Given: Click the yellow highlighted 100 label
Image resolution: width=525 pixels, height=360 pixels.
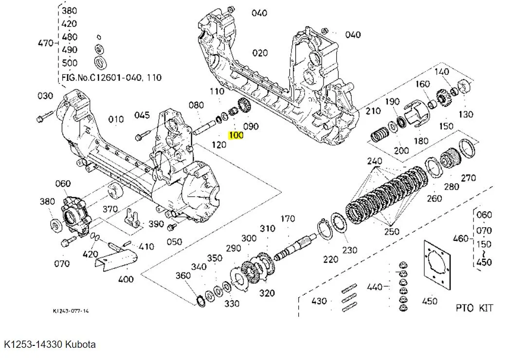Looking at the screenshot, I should [x=236, y=135].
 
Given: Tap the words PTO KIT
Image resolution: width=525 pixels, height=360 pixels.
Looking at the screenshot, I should [x=474, y=307].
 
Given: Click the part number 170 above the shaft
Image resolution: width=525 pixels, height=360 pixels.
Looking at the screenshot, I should [x=288, y=219].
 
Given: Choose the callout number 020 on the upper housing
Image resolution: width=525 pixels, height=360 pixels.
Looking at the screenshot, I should [x=260, y=53].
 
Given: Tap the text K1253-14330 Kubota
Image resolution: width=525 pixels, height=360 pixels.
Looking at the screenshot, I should [x=50, y=344].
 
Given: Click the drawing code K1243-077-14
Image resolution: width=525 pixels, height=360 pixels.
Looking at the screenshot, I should [x=71, y=310].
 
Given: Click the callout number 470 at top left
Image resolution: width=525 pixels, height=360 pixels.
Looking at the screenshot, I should [x=45, y=43].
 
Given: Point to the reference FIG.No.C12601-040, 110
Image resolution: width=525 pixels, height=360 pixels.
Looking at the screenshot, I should [x=112, y=77].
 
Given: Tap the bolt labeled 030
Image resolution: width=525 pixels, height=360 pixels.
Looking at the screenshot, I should [x=45, y=117].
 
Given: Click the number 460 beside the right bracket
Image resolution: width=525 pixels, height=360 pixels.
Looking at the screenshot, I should [x=460, y=238].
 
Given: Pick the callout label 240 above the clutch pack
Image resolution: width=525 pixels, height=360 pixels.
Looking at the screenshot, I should [x=375, y=161].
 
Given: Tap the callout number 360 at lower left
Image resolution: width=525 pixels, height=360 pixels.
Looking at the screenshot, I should [x=183, y=276].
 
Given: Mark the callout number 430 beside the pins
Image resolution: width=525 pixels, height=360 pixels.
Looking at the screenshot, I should [x=319, y=301].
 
